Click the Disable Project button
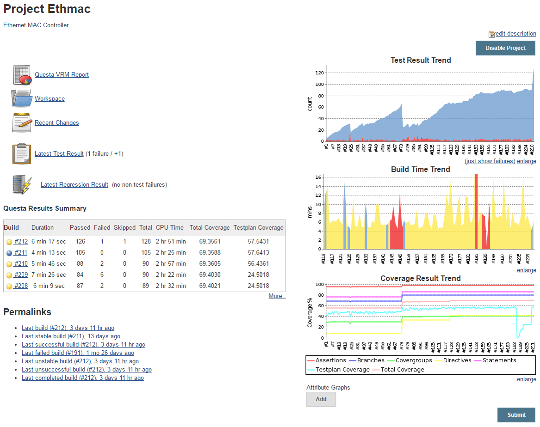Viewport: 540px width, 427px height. [505, 48]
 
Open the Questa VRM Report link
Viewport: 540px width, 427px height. [62, 75]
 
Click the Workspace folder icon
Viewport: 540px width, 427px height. [21, 98]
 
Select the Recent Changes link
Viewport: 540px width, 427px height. [56, 123]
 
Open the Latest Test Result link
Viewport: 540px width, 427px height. [59, 154]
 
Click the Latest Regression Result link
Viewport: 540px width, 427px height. [74, 185]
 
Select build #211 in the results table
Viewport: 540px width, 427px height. [21, 253]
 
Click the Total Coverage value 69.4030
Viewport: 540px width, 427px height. [210, 275]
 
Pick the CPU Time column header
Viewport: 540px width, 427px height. [171, 228]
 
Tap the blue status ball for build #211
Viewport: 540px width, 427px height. [9, 253]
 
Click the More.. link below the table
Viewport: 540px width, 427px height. [277, 296]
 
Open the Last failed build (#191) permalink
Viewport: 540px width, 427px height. [78, 353]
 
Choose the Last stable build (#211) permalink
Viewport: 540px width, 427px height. [71, 336]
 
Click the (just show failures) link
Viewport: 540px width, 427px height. [490, 161]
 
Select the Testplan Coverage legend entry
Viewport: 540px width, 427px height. [342, 370]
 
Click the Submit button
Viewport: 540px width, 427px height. [516, 415]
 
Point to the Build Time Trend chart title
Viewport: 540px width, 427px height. [420, 170]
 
